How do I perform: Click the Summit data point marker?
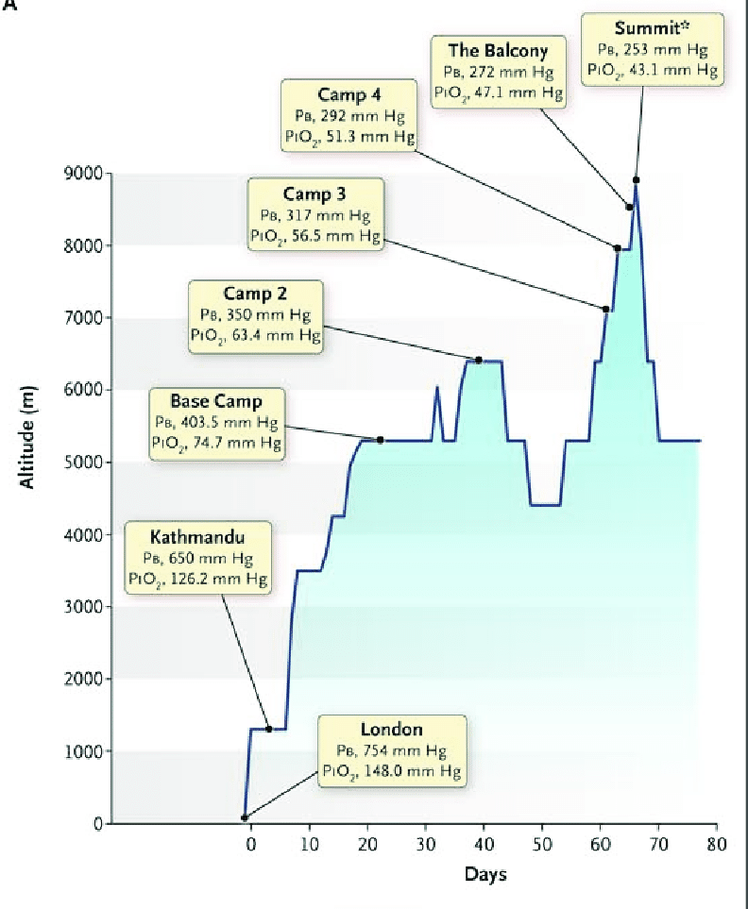point(637,179)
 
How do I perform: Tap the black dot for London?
point(245,817)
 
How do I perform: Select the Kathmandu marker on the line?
point(268,729)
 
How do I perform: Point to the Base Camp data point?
point(381,440)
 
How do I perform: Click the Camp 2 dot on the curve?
point(479,360)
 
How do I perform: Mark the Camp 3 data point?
point(605,309)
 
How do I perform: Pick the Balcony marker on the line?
point(629,207)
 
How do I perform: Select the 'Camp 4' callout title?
point(350,94)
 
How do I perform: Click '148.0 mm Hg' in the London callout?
point(416,771)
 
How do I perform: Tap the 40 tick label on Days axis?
point(484,843)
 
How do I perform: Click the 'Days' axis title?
point(484,874)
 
